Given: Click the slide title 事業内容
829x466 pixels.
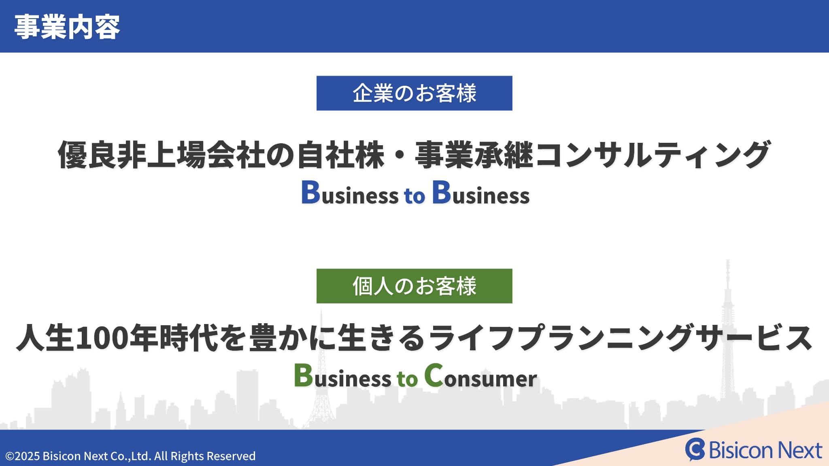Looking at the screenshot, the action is (x=67, y=27).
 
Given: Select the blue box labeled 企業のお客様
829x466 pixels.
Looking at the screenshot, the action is (x=414, y=93).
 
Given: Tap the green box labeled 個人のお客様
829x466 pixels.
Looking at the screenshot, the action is (x=414, y=286).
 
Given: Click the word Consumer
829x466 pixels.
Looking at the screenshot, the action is (x=480, y=376).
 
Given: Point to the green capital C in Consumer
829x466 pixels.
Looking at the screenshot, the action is (x=434, y=375).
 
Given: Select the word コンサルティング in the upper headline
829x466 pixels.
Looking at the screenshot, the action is (x=653, y=155).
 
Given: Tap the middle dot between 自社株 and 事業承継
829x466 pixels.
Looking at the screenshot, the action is (x=399, y=155).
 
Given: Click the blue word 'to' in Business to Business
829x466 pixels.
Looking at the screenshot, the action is (x=414, y=196).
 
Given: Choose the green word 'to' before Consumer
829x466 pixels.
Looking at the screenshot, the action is (x=407, y=379).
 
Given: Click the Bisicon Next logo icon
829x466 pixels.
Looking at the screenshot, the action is (x=695, y=449).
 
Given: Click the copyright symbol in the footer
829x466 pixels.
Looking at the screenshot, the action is (x=9, y=456).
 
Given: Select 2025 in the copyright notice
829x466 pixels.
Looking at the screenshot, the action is (x=27, y=456).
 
